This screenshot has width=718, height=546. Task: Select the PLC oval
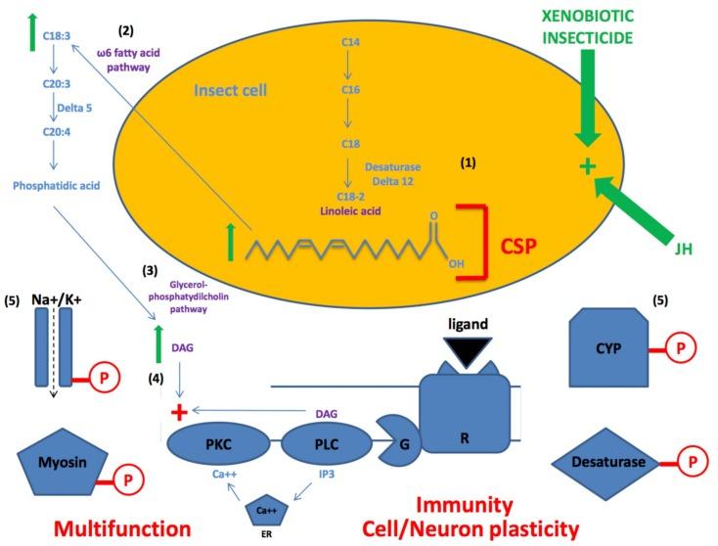(x=326, y=444)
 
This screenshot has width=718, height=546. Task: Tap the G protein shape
(x=399, y=440)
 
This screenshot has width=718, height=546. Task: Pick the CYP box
(x=608, y=347)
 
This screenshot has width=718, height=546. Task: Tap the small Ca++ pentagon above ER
(x=267, y=510)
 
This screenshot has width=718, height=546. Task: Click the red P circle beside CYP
(x=681, y=348)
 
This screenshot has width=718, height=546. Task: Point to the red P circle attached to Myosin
(x=128, y=480)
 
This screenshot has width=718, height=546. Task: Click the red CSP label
(x=518, y=246)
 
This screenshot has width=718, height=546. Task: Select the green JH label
(x=683, y=249)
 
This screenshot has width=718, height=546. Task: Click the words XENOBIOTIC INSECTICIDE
(x=588, y=27)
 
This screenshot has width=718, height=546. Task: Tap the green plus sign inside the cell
(x=588, y=166)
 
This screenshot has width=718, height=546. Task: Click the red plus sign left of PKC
(x=179, y=412)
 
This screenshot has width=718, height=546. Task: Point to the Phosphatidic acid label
(x=57, y=186)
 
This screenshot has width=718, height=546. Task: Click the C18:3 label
(x=57, y=36)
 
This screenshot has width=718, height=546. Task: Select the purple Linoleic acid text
(x=350, y=211)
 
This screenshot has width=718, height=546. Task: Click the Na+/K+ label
(x=57, y=300)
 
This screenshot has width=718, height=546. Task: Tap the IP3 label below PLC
(x=327, y=475)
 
